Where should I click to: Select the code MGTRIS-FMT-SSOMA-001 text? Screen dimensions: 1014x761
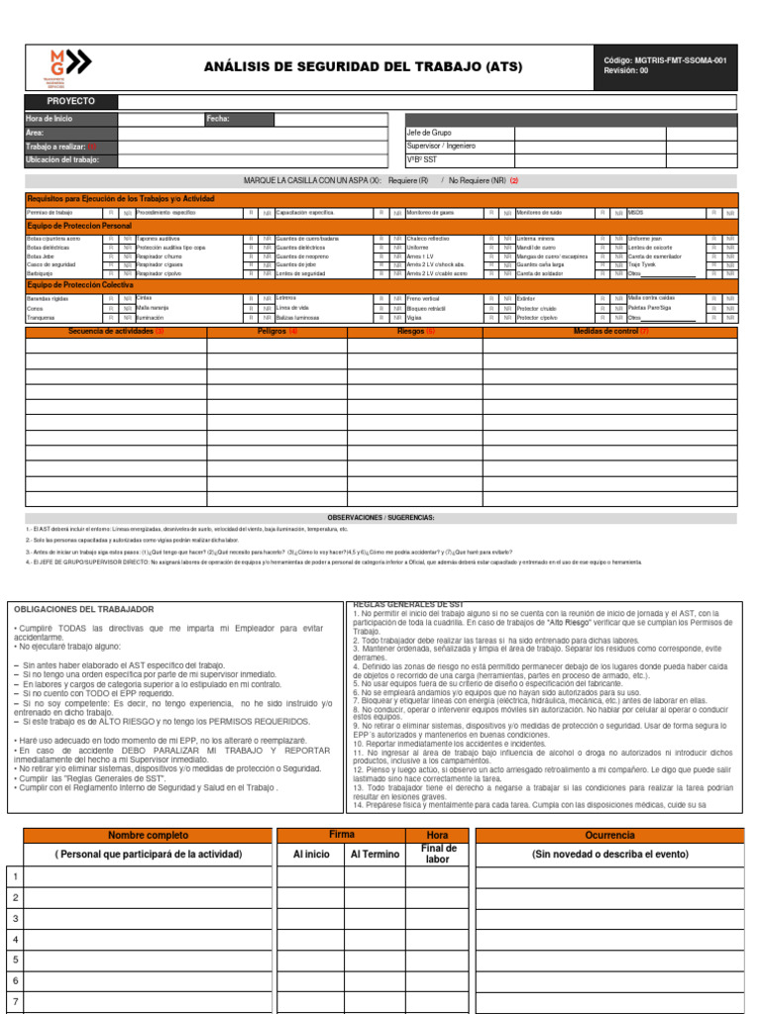[665, 59]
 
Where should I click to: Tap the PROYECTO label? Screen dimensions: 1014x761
[71, 102]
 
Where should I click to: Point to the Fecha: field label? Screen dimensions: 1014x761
[218, 119]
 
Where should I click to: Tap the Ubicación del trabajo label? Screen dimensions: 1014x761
[62, 159]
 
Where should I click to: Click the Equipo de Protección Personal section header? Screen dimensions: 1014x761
[79, 227]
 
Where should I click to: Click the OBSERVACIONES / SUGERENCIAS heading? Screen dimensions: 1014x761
[380, 518]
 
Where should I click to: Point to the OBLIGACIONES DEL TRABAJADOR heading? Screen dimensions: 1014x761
[78, 608]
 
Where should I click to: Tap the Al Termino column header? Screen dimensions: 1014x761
[376, 854]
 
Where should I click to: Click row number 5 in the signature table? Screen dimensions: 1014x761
[15, 960]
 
